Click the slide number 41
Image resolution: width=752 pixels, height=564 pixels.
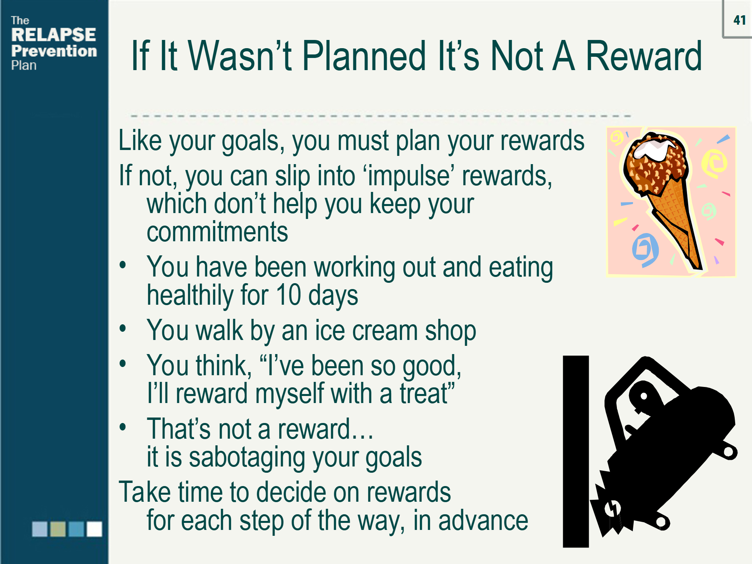[739, 20]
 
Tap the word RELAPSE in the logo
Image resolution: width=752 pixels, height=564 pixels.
[54, 35]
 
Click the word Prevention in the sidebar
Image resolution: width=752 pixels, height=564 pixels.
[54, 51]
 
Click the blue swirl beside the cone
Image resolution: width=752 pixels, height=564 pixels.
[645, 249]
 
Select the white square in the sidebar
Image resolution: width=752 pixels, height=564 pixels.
[94, 529]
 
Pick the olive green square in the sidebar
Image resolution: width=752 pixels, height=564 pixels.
[58, 529]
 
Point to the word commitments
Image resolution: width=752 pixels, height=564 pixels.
[217, 232]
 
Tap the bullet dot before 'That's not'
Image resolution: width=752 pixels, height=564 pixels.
[123, 427]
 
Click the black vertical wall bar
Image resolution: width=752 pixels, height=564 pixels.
[576, 451]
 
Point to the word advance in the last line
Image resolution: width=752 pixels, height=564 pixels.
[483, 521]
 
